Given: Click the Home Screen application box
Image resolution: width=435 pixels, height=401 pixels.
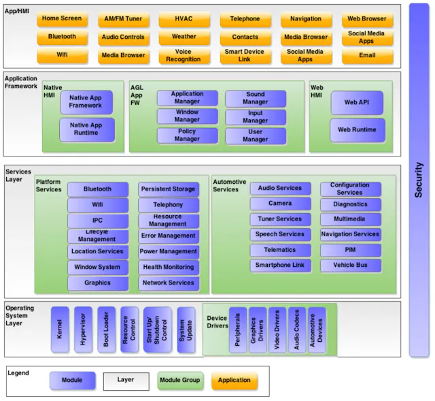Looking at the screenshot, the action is [62, 19].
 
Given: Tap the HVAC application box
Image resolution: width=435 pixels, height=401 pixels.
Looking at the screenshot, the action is [184, 19].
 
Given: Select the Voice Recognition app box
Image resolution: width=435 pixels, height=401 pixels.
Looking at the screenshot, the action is [184, 56].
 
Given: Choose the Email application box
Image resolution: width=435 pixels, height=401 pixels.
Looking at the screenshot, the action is [367, 56].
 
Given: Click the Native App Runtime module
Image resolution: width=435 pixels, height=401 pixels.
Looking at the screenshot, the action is [87, 129].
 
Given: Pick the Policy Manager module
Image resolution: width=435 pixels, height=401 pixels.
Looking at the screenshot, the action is [188, 135].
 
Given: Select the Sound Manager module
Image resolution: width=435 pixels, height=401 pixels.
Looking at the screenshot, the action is [256, 98].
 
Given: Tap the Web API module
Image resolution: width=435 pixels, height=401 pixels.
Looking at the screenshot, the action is [357, 103].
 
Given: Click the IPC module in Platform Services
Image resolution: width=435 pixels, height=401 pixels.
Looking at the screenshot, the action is [98, 221].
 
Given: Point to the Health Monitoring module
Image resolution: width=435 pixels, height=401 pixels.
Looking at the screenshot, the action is [169, 268].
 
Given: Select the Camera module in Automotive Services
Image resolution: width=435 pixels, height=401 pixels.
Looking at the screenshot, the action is [280, 204].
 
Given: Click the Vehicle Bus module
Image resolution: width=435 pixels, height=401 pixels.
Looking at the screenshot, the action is [351, 266].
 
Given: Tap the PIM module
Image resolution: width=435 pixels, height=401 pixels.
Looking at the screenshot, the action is [351, 250].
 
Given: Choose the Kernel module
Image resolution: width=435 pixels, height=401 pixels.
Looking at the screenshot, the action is [60, 330].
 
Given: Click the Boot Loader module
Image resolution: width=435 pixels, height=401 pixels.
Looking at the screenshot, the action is [106, 330].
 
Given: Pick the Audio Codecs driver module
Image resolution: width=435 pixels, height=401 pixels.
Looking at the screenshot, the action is [297, 330].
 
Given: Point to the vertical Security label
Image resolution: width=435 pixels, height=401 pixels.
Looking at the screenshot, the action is [419, 180].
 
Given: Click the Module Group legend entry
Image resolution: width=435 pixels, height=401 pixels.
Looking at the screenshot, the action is [180, 381].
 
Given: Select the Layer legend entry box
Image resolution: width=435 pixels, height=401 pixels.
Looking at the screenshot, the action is [126, 381].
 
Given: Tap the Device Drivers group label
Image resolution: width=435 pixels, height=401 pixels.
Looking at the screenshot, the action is [217, 322].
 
